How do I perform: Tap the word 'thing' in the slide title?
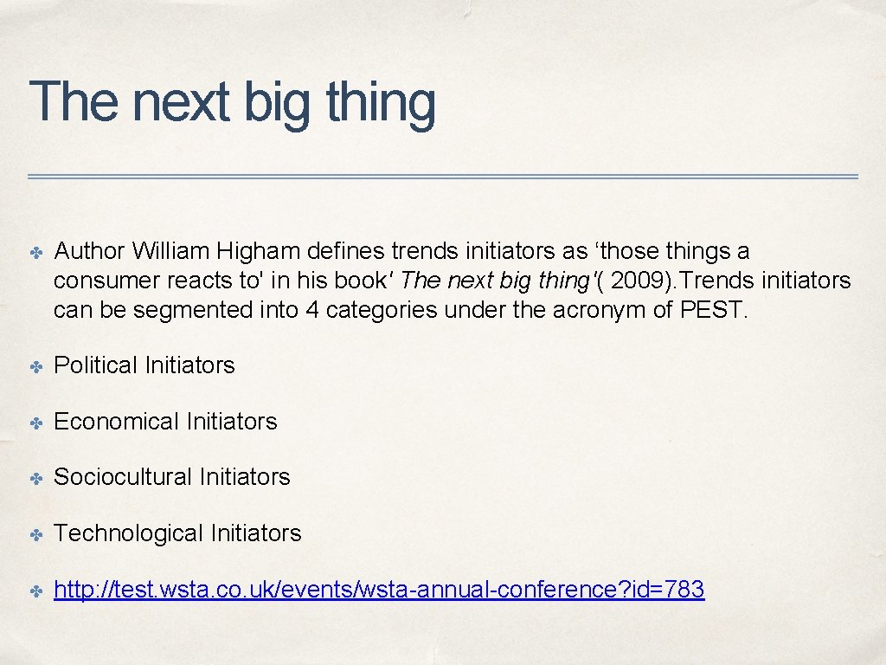381,102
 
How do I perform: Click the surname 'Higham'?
258,251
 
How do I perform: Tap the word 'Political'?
94,365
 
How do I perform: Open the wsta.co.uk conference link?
379,591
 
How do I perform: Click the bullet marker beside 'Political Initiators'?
38,366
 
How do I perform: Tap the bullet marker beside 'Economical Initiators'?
38,423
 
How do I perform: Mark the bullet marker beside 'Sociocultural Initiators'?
38,478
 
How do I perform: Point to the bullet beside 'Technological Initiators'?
38,534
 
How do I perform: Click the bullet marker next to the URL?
38,591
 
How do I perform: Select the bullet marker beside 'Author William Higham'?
38,252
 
